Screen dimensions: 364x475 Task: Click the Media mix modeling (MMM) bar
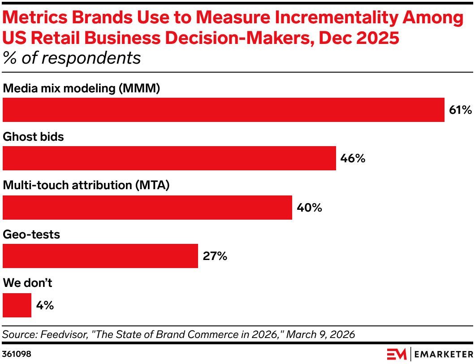[x=223, y=109]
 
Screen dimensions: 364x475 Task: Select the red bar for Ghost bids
[x=169, y=158]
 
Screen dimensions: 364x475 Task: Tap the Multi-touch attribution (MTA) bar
[x=147, y=207]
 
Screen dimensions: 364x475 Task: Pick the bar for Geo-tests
[x=100, y=256]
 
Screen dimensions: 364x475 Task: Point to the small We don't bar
[x=17, y=305]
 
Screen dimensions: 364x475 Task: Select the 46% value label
[x=353, y=159]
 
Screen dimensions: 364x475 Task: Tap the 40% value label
[x=309, y=208]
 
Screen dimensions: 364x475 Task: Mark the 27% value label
[x=215, y=256]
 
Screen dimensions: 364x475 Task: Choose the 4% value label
[x=45, y=305]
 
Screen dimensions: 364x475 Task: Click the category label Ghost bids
[x=33, y=137]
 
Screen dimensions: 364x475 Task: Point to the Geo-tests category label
[x=31, y=234]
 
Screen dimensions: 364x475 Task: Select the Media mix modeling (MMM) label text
[x=82, y=88]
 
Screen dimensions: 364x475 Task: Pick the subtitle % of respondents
[x=72, y=58]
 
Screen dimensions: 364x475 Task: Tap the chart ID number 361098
[x=17, y=354]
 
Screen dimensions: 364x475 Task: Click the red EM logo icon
[x=396, y=354]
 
